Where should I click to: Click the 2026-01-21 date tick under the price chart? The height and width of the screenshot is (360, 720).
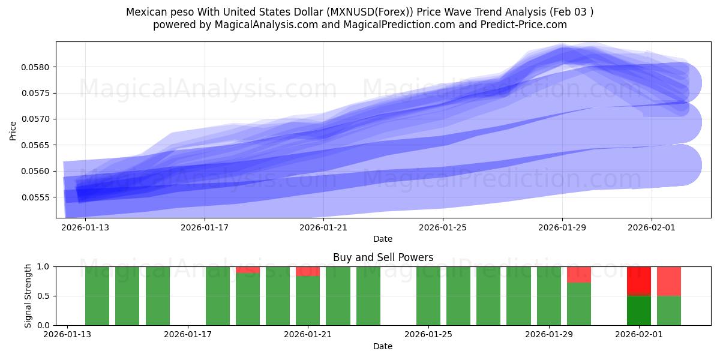323,227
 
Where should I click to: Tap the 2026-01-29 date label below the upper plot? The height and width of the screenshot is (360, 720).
562,227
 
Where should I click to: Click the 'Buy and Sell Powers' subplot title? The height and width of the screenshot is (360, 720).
383,257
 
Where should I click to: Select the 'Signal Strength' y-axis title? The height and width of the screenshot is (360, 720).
28,296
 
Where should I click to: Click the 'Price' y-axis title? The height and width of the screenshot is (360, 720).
13,131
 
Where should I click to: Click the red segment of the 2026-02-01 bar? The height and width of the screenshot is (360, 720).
639,280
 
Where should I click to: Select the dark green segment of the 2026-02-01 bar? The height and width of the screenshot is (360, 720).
639,310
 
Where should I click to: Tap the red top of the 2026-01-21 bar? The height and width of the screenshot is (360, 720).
308,271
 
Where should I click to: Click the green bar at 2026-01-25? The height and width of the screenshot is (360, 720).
428,296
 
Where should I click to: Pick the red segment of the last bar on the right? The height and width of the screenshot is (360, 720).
669,281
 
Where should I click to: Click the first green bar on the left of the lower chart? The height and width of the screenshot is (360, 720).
97,296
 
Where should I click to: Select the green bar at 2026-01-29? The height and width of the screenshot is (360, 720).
549,296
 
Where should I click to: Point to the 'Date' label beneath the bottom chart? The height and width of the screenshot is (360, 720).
383,346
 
